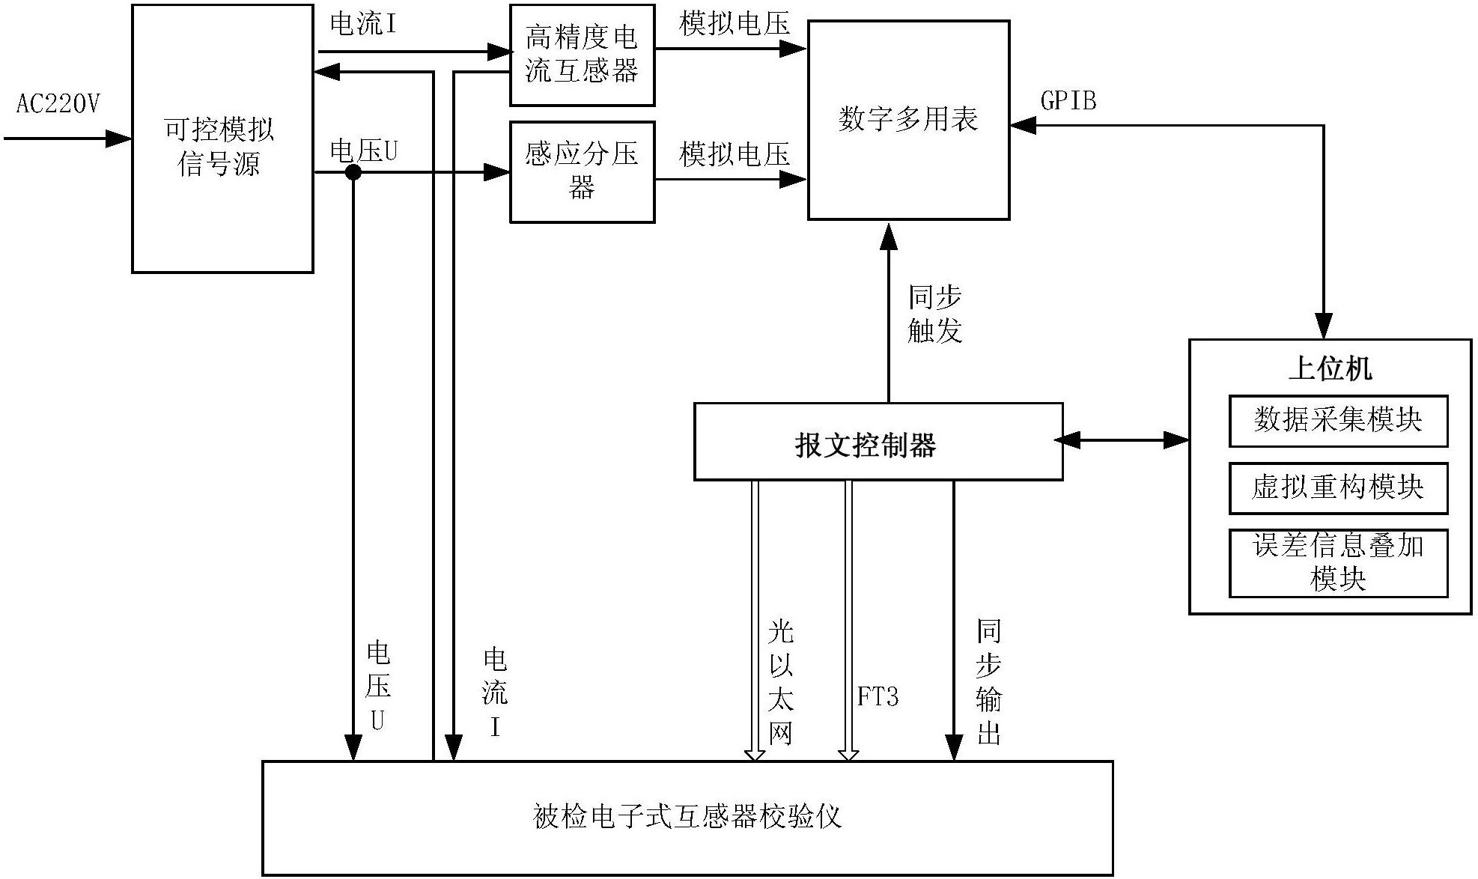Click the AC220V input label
pos(58,104)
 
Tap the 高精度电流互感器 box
pos(582,55)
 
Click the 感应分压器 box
pos(582,171)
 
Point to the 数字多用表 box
pos(908,120)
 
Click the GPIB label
pos(1068,100)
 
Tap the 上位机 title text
pos(1330,368)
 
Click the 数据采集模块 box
pos(1338,420)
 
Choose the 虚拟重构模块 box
pos(1338,488)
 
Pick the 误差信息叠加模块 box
pos(1338,563)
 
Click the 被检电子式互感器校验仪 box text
pos(687,817)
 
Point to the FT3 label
pos(878,697)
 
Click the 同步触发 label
pos(934,314)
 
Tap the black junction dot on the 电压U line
pos(353,173)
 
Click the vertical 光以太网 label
pos(780,682)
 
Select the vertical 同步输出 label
pos(988,682)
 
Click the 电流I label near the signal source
pos(363,25)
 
